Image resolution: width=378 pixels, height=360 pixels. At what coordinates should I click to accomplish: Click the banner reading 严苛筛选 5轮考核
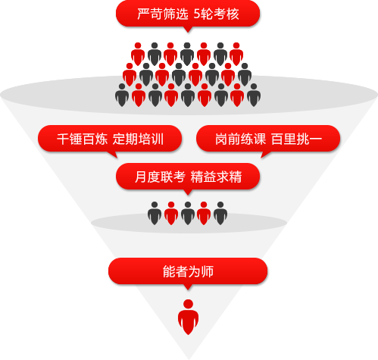pyautogui.click(x=188, y=14)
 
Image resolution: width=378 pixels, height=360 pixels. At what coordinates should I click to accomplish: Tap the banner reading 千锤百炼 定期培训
pyautogui.click(x=110, y=139)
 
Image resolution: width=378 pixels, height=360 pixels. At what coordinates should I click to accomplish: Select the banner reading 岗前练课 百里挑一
pyautogui.click(x=268, y=139)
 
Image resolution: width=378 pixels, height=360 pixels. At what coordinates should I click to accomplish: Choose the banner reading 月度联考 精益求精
pyautogui.click(x=188, y=177)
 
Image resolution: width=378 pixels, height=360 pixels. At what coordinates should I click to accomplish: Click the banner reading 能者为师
pyautogui.click(x=188, y=271)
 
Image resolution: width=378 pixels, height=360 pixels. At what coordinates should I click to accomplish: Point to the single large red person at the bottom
pyautogui.click(x=188, y=317)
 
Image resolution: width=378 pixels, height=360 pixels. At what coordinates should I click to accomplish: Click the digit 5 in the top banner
pyautogui.click(x=197, y=14)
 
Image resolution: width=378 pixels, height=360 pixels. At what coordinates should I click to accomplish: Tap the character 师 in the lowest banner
pyautogui.click(x=208, y=271)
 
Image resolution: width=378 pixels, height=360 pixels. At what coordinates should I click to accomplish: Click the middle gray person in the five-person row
pyautogui.click(x=188, y=214)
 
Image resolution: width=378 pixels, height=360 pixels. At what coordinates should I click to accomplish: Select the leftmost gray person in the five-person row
pyautogui.click(x=155, y=214)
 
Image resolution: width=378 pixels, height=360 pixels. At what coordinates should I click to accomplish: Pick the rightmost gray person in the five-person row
pyautogui.click(x=220, y=214)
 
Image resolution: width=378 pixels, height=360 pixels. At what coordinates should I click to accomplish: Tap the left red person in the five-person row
pyautogui.click(x=171, y=214)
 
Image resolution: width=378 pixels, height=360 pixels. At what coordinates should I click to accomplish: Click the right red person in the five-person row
pyautogui.click(x=204, y=214)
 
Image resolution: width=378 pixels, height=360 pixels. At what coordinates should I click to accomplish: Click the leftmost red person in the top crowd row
pyautogui.click(x=138, y=54)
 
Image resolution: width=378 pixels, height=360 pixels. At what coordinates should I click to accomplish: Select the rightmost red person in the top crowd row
pyautogui.click(x=236, y=54)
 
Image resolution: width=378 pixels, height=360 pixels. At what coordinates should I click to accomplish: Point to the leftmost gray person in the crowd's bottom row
pyautogui.click(x=122, y=95)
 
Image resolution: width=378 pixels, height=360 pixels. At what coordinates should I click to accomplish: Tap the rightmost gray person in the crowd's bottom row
pyautogui.click(x=254, y=95)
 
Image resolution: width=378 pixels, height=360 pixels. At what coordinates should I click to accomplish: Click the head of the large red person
pyautogui.click(x=188, y=304)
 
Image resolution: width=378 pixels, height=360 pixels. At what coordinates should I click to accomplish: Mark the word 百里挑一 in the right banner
pyautogui.click(x=296, y=139)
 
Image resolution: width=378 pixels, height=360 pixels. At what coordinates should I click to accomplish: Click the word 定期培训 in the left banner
pyautogui.click(x=138, y=139)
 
